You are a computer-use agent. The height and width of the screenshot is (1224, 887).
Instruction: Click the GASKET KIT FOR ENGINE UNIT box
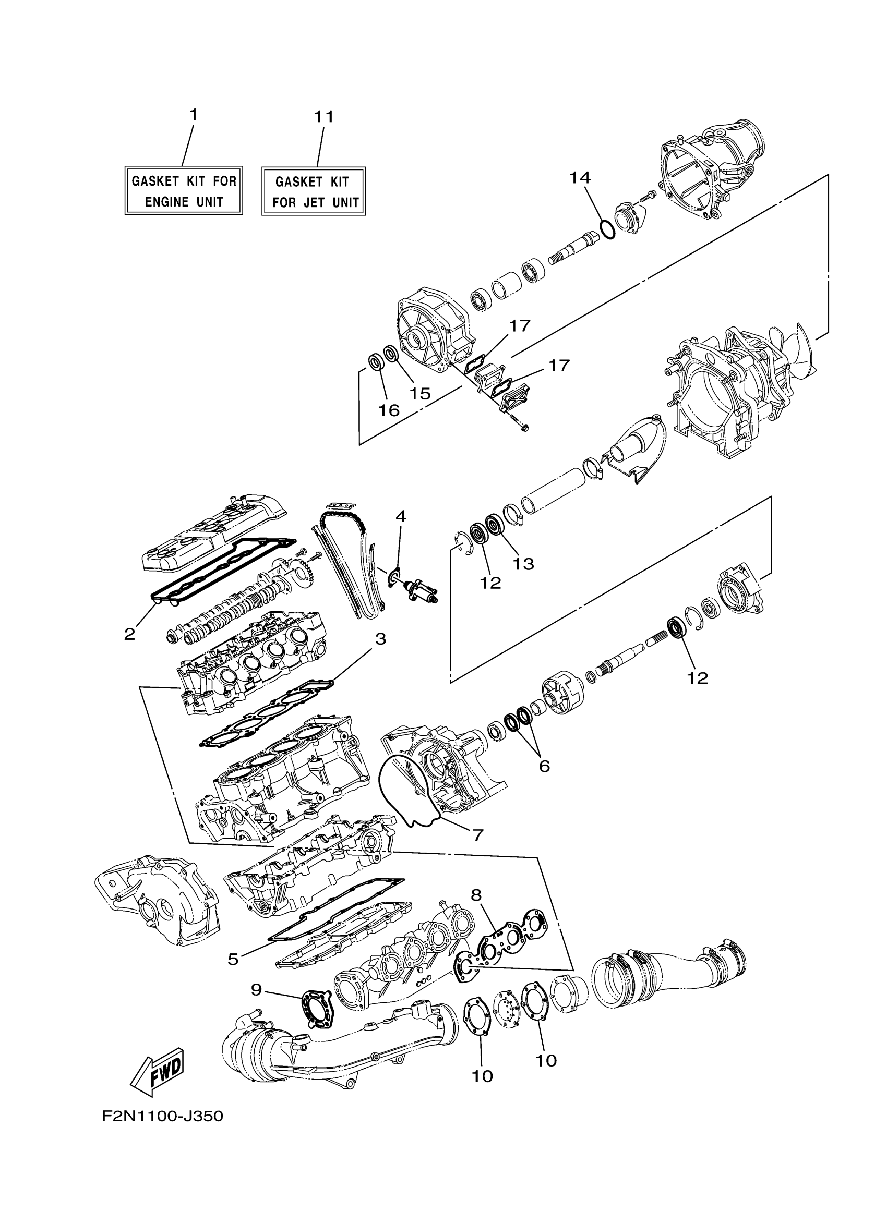(x=184, y=190)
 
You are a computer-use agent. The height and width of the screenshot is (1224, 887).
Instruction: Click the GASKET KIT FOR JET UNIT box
(x=314, y=191)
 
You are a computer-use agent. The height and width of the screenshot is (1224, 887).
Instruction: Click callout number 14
(x=580, y=177)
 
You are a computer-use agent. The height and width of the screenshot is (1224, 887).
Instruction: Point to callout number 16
(x=388, y=411)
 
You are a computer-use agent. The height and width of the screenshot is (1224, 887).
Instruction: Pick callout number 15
(x=420, y=393)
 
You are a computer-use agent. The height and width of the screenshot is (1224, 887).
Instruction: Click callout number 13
(x=523, y=564)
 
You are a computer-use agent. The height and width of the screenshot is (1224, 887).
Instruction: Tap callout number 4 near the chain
(x=401, y=516)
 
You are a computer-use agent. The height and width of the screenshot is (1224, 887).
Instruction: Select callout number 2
(x=129, y=634)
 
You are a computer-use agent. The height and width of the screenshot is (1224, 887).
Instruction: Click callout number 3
(x=380, y=639)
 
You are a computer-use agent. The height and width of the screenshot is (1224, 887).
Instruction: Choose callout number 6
(x=544, y=765)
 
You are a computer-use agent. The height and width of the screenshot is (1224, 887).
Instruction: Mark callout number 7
(x=478, y=834)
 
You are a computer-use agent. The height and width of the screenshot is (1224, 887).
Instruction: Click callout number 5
(x=233, y=959)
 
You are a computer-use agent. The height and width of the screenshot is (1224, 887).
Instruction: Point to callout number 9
(x=256, y=989)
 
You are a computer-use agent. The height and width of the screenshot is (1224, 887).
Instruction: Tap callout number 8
(x=476, y=895)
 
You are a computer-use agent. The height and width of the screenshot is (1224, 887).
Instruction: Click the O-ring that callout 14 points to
(x=607, y=230)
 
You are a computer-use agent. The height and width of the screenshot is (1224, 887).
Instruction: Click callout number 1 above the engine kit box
(x=193, y=114)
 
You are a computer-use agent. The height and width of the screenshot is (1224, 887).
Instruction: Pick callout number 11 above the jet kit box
(x=325, y=117)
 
